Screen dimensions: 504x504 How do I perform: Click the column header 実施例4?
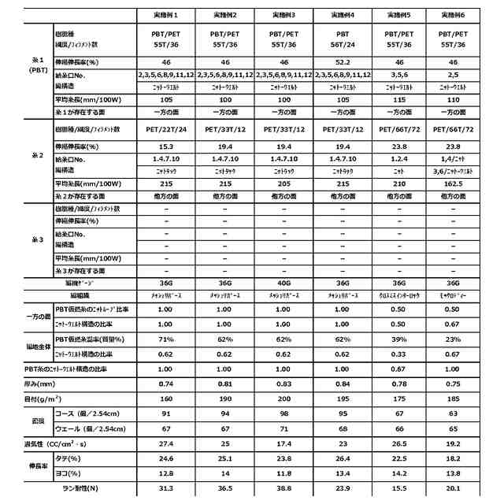[x=343, y=14]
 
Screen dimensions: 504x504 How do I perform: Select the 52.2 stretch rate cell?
[x=343, y=61]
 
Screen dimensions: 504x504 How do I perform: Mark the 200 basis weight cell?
[x=283, y=398]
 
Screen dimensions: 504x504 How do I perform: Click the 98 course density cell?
[x=283, y=414]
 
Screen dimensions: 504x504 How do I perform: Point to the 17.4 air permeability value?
[x=283, y=445]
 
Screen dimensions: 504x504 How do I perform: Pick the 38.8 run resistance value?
[x=283, y=489]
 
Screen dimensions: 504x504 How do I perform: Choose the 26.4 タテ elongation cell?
[x=343, y=458]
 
